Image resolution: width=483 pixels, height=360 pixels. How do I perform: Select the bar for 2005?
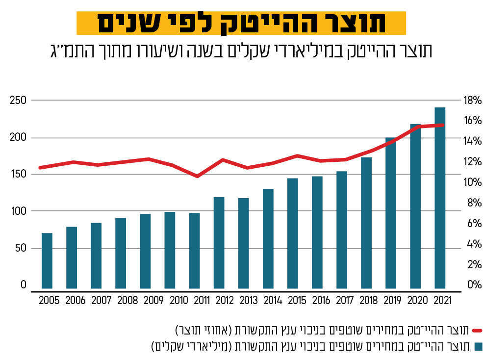(47, 260)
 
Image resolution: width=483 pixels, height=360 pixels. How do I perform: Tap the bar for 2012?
(219, 242)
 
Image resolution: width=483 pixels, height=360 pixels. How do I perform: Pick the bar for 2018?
(366, 223)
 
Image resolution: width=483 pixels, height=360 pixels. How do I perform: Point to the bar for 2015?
(293, 233)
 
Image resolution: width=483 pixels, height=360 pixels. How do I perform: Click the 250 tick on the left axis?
(17, 101)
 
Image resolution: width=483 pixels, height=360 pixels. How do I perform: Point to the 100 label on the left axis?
(17, 211)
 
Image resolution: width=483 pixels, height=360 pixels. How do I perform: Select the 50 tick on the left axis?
(19, 248)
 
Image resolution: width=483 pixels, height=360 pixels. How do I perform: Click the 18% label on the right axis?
(473, 101)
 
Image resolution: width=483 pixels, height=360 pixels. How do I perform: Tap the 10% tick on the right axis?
(473, 182)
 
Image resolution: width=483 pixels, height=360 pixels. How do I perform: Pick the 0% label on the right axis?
(473, 285)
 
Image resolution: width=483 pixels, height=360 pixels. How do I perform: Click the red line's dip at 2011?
(197, 176)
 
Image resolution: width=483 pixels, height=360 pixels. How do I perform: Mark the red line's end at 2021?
(442, 125)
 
